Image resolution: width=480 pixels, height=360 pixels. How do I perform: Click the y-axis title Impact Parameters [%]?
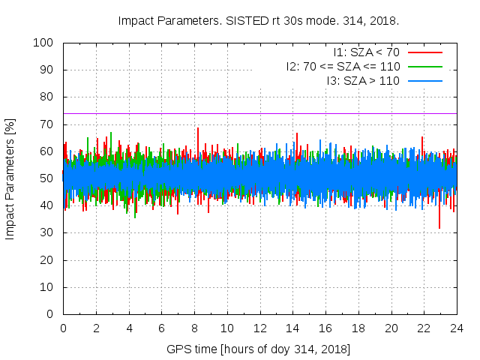coord(10,178)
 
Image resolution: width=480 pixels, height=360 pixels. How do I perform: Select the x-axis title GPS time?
coord(259,349)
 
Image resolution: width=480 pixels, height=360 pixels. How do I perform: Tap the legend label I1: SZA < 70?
coord(367,52)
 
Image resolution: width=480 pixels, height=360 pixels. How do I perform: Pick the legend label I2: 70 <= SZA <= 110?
coord(343,66)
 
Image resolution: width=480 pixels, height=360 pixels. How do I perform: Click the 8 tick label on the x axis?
coord(194,328)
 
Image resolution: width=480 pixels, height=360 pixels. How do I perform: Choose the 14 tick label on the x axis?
coord(292,328)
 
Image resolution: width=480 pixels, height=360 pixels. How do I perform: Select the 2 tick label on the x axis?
coord(96,328)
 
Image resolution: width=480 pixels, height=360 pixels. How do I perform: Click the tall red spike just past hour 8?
coord(198,130)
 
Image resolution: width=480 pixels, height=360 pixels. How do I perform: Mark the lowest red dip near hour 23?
coord(439,226)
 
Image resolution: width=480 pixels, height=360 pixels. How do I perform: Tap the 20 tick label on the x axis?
coord(391,328)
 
